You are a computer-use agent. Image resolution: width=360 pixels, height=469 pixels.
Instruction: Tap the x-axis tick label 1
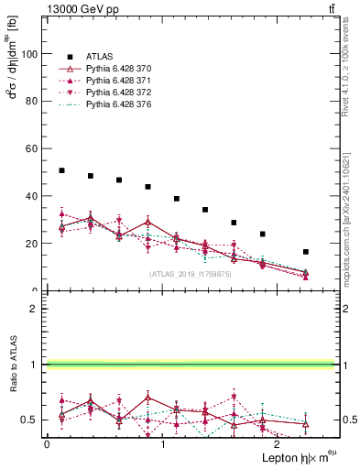point(163,443)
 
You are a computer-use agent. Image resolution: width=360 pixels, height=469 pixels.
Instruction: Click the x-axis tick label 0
point(47,443)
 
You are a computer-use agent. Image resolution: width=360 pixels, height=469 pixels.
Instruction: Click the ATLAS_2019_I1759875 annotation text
point(191,274)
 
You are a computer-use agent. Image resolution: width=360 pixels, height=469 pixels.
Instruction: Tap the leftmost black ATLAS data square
point(61,170)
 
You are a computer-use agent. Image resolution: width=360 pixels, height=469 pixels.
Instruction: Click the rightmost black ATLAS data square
point(306,252)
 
